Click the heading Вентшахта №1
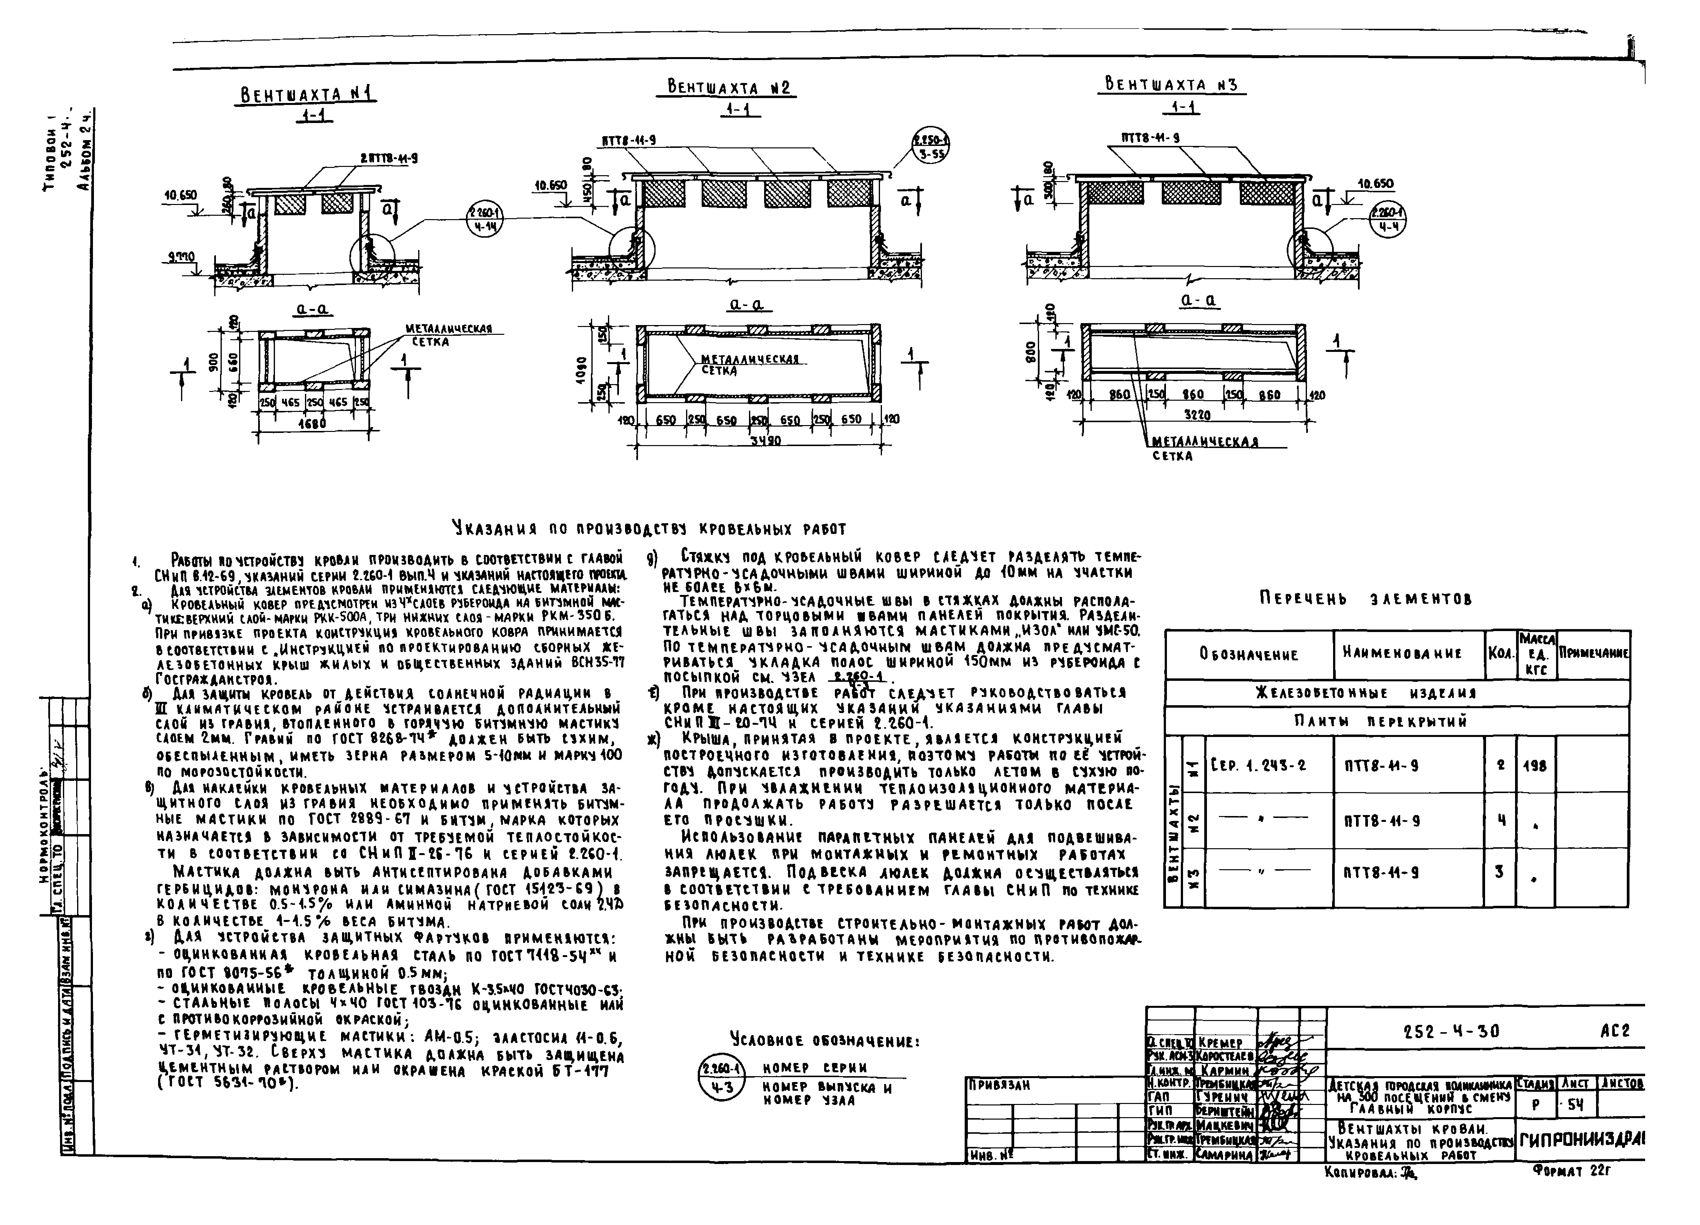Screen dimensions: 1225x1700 click(307, 94)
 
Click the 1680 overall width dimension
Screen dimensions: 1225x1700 click(312, 424)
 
